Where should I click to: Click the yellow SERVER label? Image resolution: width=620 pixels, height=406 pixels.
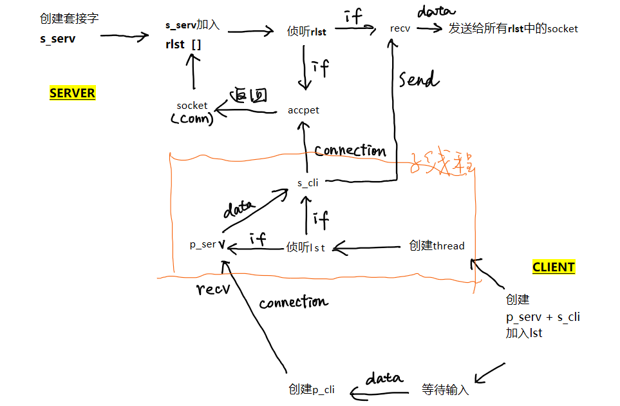(72, 93)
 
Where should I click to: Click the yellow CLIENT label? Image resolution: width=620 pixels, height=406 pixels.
(553, 267)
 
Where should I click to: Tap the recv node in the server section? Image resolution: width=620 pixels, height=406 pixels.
(400, 28)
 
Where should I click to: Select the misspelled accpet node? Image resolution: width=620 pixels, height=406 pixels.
(304, 110)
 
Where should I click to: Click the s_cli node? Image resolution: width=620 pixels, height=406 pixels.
(308, 182)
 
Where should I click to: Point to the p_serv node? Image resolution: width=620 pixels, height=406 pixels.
(207, 245)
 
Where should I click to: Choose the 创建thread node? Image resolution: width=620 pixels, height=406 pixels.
(437, 246)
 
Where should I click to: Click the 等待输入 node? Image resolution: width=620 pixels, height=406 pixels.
(446, 390)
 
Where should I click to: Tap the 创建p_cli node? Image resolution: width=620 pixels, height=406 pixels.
(312, 390)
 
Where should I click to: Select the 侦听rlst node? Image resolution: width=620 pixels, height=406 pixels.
(306, 32)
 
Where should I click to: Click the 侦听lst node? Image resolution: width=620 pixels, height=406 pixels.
(306, 246)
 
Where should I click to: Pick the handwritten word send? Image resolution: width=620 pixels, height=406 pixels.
(418, 80)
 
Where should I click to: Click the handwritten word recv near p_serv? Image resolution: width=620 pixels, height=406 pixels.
(213, 289)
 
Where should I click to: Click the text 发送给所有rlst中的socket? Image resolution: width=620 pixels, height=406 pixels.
(513, 28)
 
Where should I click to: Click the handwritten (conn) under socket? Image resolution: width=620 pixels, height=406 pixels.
(191, 119)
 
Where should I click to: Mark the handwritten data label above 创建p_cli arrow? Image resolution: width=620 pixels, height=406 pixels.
(384, 378)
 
